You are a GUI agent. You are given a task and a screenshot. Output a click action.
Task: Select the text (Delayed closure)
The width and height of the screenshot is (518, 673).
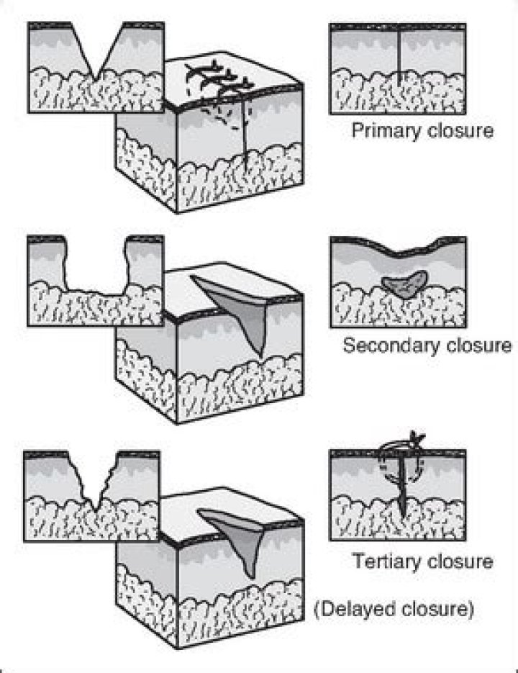point(394,610)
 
